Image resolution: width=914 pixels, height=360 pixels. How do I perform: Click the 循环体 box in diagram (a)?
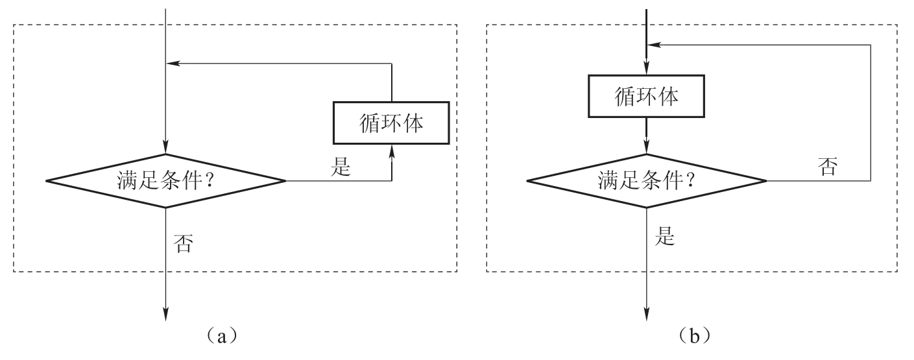391,123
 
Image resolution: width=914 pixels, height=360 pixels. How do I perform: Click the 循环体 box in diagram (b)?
646,97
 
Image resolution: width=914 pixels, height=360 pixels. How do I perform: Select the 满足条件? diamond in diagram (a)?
166,181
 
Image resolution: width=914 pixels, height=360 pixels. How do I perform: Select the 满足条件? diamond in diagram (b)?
646,181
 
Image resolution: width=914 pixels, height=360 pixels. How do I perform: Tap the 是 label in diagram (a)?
341,168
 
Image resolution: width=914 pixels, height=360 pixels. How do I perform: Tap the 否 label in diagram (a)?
184,244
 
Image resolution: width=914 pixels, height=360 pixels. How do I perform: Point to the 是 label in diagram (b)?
666,237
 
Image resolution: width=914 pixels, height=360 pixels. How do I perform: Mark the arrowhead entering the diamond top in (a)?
166,149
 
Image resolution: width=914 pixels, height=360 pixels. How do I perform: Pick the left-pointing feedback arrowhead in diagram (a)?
172,64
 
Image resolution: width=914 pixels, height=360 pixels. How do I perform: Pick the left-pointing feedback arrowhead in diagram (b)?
653,45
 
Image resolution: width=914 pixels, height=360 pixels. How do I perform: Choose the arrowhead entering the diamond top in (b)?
646,149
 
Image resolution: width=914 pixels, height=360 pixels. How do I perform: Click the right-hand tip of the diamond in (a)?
284,181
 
